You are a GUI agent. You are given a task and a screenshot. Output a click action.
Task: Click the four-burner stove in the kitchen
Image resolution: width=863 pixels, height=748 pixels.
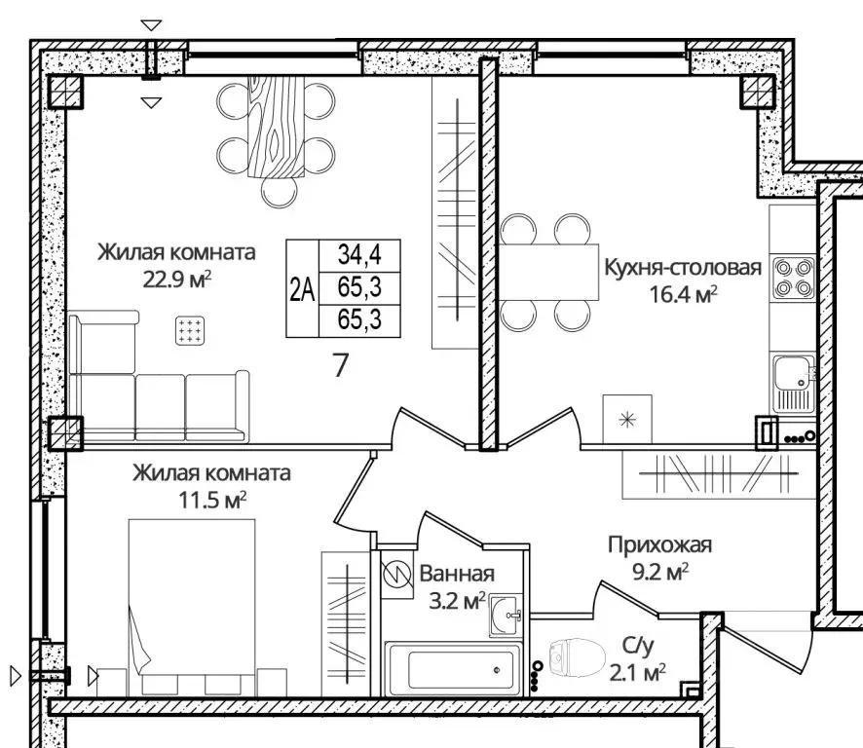coord(793,278)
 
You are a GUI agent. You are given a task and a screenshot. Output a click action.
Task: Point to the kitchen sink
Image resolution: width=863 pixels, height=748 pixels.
coord(793,383)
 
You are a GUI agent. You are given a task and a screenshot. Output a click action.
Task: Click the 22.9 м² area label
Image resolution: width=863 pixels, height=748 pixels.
coord(177,280)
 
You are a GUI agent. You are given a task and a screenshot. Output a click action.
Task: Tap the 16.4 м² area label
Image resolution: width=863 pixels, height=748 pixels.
coord(683,294)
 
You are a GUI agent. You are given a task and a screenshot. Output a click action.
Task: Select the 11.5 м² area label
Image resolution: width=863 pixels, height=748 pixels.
coord(212,501)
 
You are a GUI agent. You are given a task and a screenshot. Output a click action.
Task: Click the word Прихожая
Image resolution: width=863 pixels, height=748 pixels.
coord(659,544)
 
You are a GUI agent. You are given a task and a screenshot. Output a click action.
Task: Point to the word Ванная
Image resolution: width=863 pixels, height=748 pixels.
coord(457,574)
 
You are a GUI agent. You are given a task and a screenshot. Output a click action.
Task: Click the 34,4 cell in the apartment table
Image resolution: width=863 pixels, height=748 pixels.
coord(359,255)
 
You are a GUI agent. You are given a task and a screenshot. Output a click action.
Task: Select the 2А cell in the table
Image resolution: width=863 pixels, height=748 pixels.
coord(302,289)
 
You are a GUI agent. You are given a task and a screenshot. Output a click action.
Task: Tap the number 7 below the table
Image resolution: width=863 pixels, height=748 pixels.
coord(341,365)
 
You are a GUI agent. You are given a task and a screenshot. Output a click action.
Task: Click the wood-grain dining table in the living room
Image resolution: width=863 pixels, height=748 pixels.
coord(277,127)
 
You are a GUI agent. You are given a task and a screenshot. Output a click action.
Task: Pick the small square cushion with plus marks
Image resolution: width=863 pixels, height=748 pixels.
coord(190,330)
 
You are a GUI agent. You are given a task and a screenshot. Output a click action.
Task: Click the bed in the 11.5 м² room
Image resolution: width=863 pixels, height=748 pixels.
coord(192,607)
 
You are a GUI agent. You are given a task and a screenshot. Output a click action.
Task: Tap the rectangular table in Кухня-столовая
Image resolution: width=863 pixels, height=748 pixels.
coord(548,272)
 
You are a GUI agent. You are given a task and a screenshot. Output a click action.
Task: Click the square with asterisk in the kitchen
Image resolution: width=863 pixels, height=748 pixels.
coord(627,420)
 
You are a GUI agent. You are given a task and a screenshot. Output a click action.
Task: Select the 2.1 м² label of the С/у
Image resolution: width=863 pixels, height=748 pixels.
coord(638,672)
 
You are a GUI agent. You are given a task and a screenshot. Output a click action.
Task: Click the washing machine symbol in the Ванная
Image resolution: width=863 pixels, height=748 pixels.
coord(396,575)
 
